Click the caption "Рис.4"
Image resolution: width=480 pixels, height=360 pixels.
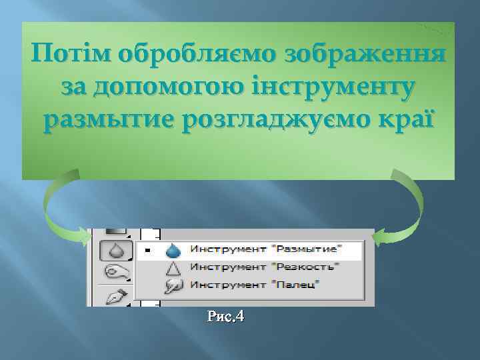225,317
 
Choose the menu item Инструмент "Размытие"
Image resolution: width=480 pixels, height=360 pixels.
265,250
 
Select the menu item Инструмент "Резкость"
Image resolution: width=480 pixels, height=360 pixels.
264,267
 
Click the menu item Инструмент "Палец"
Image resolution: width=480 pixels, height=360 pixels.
255,285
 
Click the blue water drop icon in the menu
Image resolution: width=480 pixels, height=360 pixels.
173,250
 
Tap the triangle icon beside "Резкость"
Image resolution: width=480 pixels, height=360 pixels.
173,267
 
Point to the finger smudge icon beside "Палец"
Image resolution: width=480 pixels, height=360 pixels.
173,285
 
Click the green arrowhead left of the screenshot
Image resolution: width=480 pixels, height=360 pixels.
84,237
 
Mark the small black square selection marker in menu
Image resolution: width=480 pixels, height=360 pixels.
148,251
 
